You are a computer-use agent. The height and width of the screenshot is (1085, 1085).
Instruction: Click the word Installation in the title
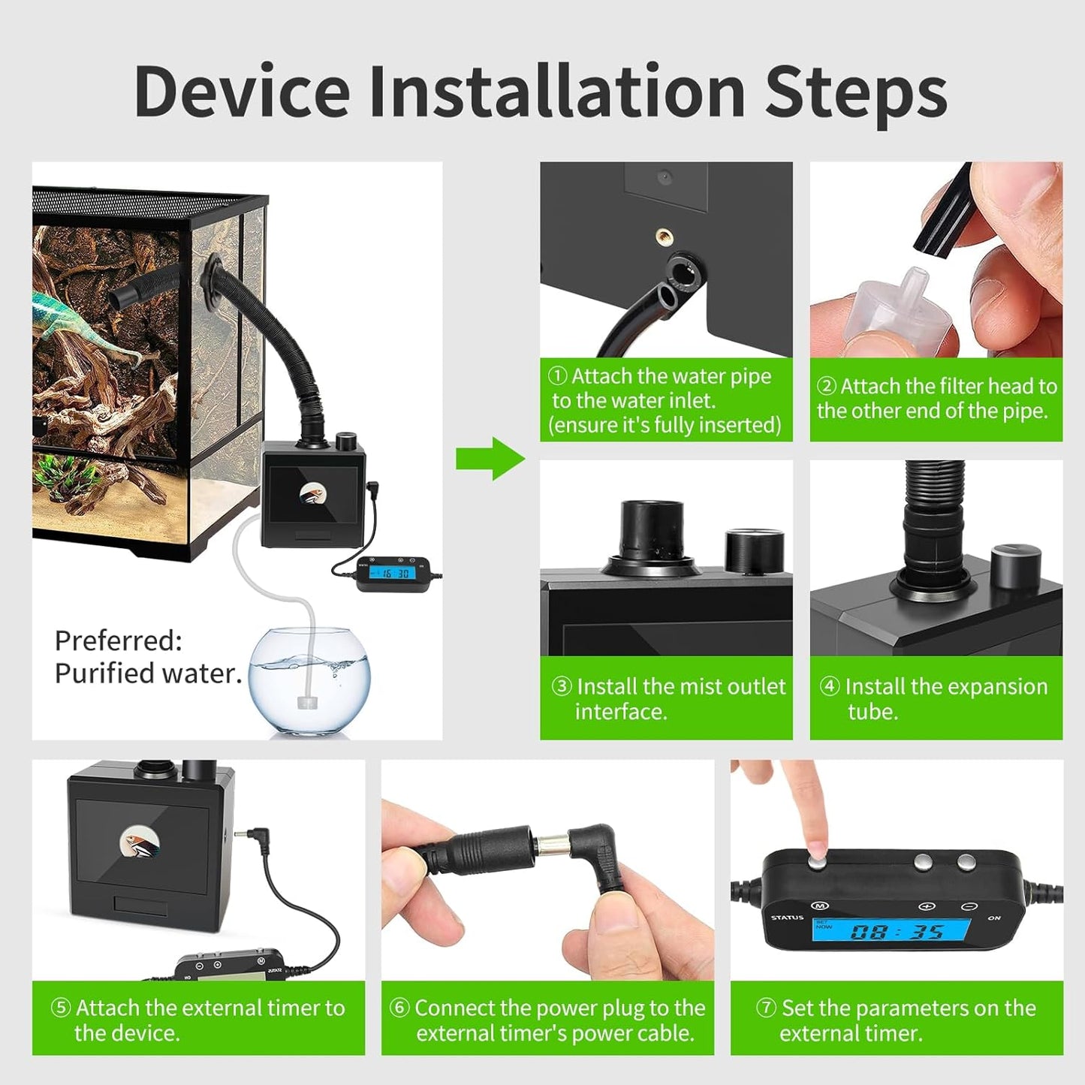pos(556,92)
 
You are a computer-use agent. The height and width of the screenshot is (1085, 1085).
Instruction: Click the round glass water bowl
pos(309,680)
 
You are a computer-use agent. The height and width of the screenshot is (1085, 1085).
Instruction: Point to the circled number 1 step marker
pos(557,375)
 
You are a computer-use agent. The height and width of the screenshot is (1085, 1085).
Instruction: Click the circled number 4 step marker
pos(829,686)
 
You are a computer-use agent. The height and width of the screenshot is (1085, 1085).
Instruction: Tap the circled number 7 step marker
pos(766,1008)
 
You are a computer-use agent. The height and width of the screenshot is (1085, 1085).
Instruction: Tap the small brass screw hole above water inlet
pos(664,237)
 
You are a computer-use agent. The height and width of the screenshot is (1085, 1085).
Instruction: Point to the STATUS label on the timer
pos(787,917)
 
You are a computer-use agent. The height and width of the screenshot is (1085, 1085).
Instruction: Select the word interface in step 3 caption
pos(621,711)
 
